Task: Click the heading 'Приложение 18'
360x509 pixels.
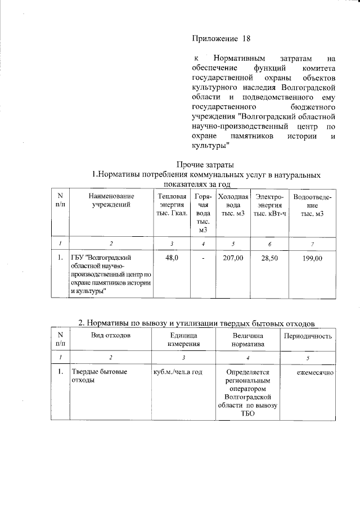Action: coord(220,39)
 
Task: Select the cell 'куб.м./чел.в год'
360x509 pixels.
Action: coord(177,372)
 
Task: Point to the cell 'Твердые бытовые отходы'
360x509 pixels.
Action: coord(98,376)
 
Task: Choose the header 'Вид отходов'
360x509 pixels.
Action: coord(111,336)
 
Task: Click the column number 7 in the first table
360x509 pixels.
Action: coord(312,244)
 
